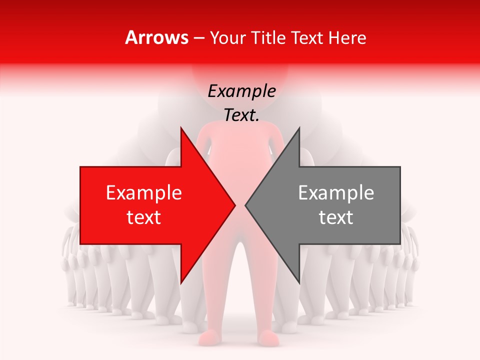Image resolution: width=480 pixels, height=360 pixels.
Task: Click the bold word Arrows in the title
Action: (x=157, y=37)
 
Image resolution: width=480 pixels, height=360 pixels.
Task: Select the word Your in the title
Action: (x=227, y=37)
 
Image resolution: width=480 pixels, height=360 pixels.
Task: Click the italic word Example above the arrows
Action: (x=242, y=91)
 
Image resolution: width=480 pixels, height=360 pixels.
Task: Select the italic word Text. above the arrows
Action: (x=242, y=115)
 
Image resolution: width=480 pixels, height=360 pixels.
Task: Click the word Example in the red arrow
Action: (x=144, y=193)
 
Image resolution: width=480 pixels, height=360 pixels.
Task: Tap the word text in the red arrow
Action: (x=144, y=217)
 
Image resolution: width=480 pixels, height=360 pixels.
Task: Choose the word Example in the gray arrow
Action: (x=336, y=193)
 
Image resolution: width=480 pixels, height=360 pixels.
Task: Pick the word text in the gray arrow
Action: (x=336, y=217)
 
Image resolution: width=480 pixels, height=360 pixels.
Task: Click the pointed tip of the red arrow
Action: (x=235, y=205)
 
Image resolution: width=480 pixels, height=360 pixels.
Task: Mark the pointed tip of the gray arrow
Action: (x=245, y=205)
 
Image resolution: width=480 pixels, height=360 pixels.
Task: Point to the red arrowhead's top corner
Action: (x=181, y=128)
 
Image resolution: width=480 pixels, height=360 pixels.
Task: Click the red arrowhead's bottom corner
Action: (x=181, y=282)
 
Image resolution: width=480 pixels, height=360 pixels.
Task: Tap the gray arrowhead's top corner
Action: (x=299, y=128)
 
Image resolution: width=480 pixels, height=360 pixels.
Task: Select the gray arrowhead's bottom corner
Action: (x=299, y=282)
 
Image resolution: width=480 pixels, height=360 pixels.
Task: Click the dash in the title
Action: (x=199, y=38)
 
